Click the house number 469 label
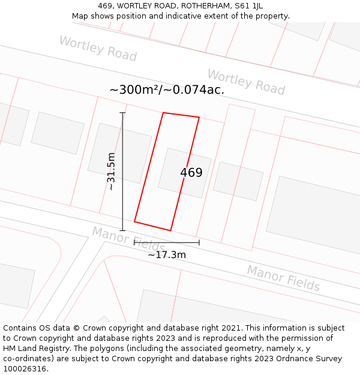(191, 173)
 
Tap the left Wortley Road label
(98, 49)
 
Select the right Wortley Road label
(246, 82)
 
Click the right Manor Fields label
(283, 278)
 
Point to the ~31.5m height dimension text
(111, 172)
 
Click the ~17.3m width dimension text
(167, 255)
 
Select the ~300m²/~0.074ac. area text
(167, 90)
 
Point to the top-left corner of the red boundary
(163, 113)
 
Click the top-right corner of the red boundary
(199, 117)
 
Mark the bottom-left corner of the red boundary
(134, 222)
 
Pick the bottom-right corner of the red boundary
(171, 230)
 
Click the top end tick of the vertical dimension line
(122, 113)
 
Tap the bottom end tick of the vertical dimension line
(122, 230)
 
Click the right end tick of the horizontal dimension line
(199, 243)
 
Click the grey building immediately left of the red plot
(120, 153)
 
